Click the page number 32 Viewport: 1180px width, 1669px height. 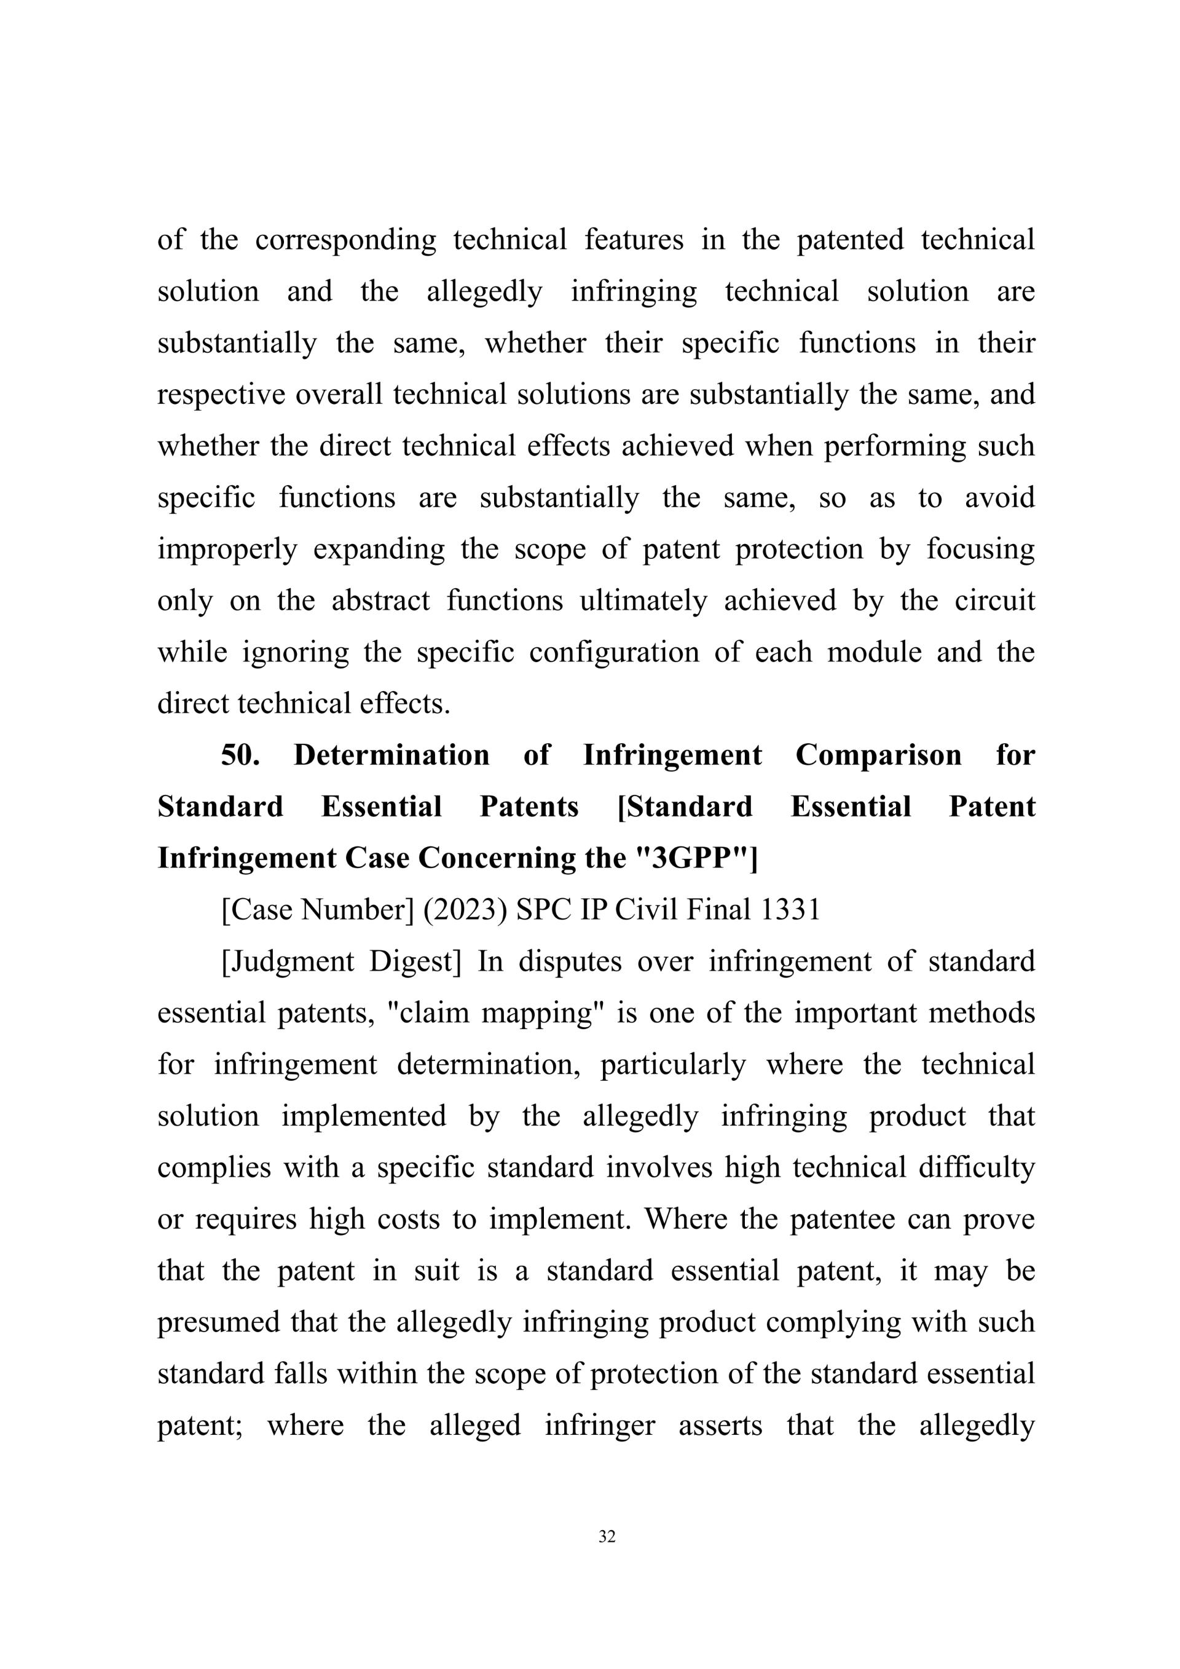pos(607,1536)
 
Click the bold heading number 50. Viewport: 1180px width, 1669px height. pos(240,756)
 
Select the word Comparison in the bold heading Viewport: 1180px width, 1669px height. pos(878,756)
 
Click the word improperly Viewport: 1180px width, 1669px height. pos(227,549)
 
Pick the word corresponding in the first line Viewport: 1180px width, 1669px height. pos(345,240)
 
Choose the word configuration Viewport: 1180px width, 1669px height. pos(613,652)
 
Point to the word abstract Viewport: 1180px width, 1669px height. pos(381,601)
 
